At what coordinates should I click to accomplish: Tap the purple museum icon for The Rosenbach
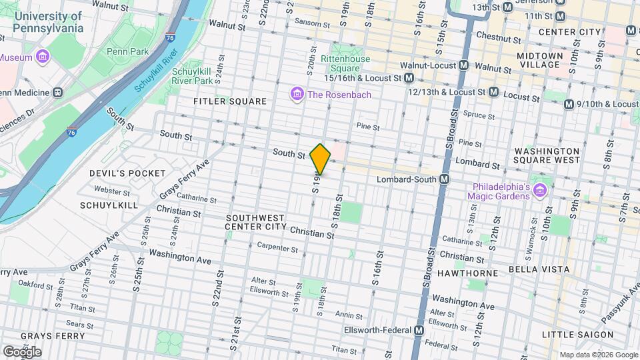[x=297, y=95]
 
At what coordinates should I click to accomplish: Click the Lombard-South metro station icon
[x=444, y=179]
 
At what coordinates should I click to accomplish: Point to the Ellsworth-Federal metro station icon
[x=419, y=331]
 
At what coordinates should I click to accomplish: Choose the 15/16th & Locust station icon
[x=409, y=78]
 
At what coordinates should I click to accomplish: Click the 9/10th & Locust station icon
[x=569, y=104]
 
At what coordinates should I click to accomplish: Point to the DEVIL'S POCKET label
[x=127, y=173]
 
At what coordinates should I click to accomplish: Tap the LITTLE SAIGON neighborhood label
[x=577, y=335]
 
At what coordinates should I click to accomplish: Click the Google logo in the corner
[x=22, y=351]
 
